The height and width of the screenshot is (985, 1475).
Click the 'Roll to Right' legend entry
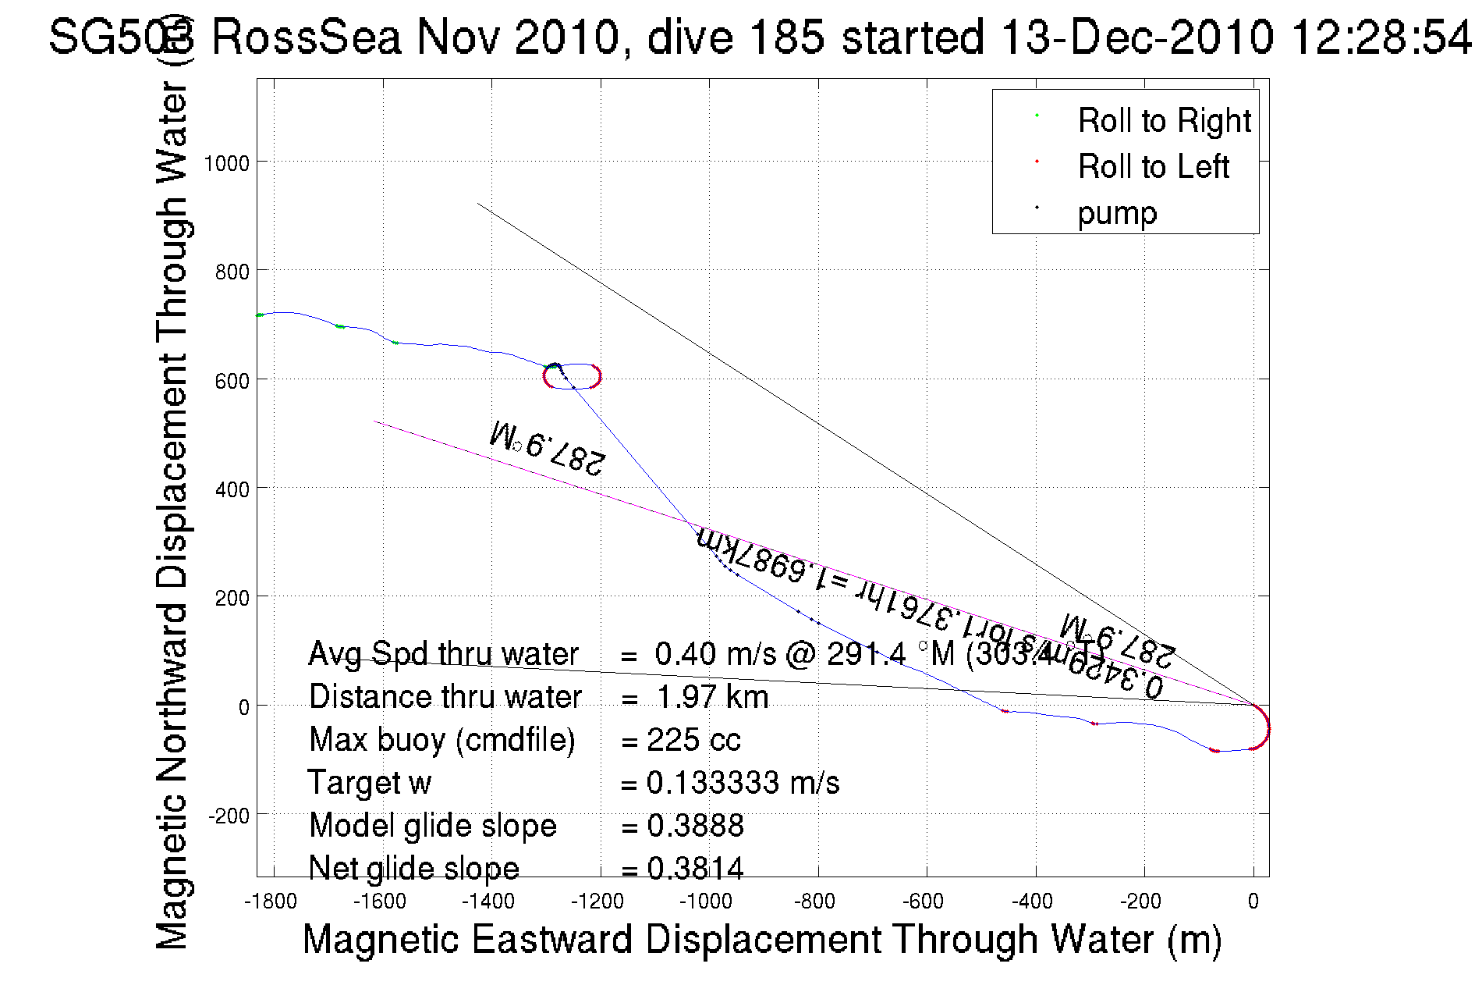point(1163,121)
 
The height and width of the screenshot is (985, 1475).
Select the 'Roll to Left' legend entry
point(1153,167)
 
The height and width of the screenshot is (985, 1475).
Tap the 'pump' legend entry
point(1117,213)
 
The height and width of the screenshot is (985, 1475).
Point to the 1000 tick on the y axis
point(226,163)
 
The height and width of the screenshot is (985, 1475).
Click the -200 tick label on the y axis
point(229,816)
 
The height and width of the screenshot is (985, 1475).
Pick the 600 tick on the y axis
point(232,381)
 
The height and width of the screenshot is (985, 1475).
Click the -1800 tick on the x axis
point(271,902)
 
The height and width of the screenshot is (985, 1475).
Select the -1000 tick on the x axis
point(706,902)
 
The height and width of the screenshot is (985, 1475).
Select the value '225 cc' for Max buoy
point(693,740)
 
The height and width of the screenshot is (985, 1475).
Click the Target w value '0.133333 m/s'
point(743,783)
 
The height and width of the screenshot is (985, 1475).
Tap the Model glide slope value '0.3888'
point(695,826)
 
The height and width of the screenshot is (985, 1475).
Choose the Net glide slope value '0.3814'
point(695,868)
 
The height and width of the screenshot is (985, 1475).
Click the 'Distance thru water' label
point(445,697)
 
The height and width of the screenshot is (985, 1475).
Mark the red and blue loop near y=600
point(573,376)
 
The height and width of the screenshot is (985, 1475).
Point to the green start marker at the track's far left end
point(260,315)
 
